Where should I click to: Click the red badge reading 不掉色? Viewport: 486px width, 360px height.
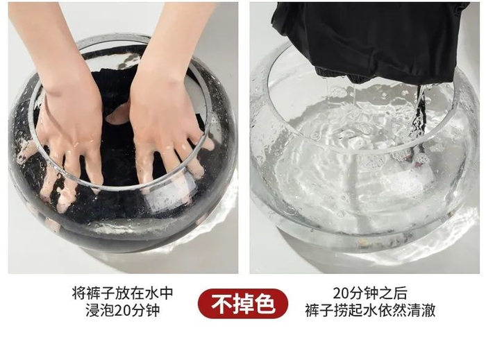(x=243, y=303)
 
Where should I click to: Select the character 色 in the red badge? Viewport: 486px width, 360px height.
(x=266, y=304)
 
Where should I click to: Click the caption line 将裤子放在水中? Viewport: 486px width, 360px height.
(x=122, y=293)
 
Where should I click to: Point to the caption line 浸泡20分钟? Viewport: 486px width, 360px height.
(x=123, y=311)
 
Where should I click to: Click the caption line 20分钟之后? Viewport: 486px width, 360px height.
(x=370, y=293)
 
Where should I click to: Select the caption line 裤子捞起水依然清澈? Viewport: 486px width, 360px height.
(x=370, y=311)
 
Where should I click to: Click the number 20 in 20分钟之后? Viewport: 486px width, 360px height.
(x=341, y=293)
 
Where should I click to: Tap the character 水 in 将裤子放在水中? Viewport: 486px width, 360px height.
(x=151, y=293)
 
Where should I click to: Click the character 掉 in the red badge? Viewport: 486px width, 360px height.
(x=243, y=304)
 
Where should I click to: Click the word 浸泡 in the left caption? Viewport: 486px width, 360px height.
(x=100, y=311)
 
